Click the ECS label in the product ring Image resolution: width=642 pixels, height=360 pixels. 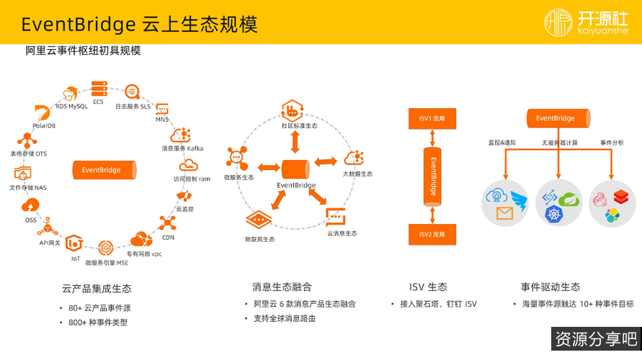click(x=98, y=102)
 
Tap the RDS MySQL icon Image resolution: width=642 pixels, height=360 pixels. click(x=71, y=94)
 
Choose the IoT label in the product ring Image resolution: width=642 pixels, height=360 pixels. click(x=76, y=258)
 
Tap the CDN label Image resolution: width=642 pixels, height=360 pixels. click(x=168, y=237)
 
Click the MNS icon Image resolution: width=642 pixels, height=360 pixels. click(x=162, y=110)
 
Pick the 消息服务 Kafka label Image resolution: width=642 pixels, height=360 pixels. click(x=182, y=148)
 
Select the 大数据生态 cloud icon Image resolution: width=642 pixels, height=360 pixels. click(x=355, y=158)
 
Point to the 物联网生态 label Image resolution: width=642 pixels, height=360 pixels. click(x=259, y=238)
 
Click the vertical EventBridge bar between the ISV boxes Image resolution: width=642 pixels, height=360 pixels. click(x=432, y=176)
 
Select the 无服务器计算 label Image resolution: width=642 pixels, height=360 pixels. click(x=559, y=143)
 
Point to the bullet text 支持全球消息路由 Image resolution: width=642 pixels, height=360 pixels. click(x=285, y=318)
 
